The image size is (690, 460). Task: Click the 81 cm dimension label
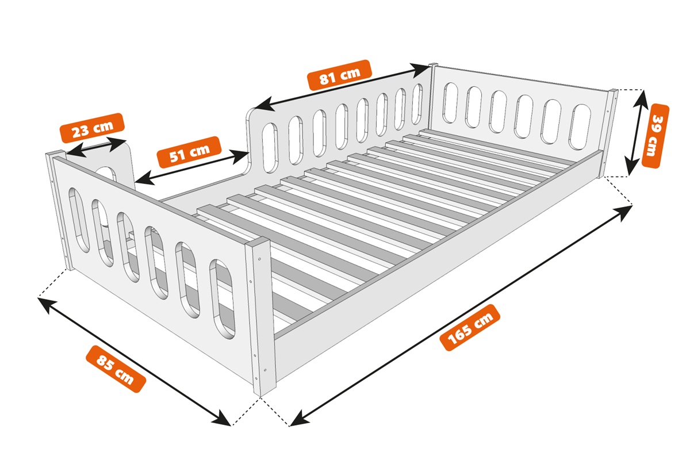340,75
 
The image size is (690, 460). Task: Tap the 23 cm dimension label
93,128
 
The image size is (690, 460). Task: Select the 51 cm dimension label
189,152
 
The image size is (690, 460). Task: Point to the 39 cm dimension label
655,136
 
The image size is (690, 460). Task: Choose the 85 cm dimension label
116,369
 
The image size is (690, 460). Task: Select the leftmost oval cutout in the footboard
79,220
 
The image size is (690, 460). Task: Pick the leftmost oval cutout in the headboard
450,102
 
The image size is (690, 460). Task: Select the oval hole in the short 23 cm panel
106,174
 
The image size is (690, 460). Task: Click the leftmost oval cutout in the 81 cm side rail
270,148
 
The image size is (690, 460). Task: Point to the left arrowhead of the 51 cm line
144,179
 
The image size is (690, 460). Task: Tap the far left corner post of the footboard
59,211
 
